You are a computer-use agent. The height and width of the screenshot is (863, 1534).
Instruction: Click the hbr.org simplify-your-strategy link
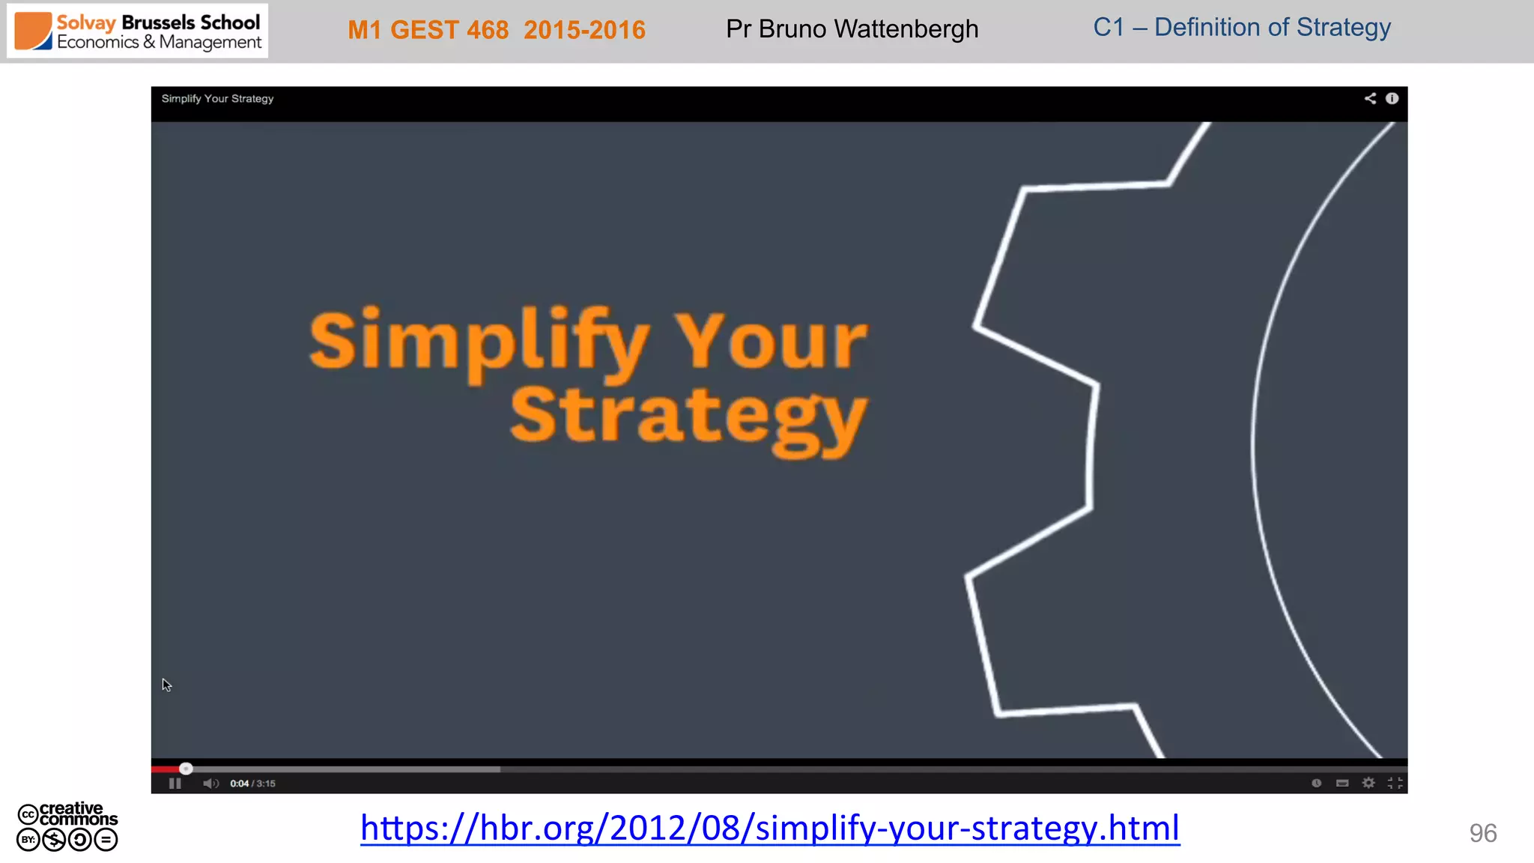coord(770,828)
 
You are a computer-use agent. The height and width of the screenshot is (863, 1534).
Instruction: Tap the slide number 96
coord(1482,833)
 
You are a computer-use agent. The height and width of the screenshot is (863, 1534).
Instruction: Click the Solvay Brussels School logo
coord(138,31)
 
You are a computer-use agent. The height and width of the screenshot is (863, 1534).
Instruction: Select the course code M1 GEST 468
coord(428,30)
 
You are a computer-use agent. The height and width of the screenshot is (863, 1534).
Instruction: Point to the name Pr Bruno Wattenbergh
coord(852,29)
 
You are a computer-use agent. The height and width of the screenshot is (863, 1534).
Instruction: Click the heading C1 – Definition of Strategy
coord(1241,28)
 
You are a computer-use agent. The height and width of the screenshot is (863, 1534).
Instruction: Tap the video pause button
coord(175,783)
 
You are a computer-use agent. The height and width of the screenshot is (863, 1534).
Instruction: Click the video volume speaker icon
coord(210,783)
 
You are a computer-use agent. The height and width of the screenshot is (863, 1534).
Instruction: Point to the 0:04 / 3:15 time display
coord(252,784)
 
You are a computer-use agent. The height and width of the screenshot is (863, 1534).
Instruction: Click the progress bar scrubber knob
coord(187,769)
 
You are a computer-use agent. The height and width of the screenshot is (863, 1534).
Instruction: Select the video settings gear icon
coord(1368,783)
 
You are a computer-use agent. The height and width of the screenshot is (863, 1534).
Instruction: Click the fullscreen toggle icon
coord(1395,783)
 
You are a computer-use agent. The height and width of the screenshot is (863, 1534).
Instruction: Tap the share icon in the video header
coord(1370,98)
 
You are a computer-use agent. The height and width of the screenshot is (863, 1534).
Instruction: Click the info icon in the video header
coord(1392,98)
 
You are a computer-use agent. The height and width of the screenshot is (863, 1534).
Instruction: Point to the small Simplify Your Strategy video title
coord(217,99)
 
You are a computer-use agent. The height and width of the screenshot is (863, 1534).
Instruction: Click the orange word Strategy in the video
coord(688,417)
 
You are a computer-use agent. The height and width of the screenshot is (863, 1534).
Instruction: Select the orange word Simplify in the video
coord(479,342)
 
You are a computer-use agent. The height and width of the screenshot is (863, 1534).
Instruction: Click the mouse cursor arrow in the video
coord(166,685)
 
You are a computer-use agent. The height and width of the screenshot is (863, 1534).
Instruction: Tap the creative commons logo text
coord(77,814)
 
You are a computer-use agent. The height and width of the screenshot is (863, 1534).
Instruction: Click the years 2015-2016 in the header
coord(584,30)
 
